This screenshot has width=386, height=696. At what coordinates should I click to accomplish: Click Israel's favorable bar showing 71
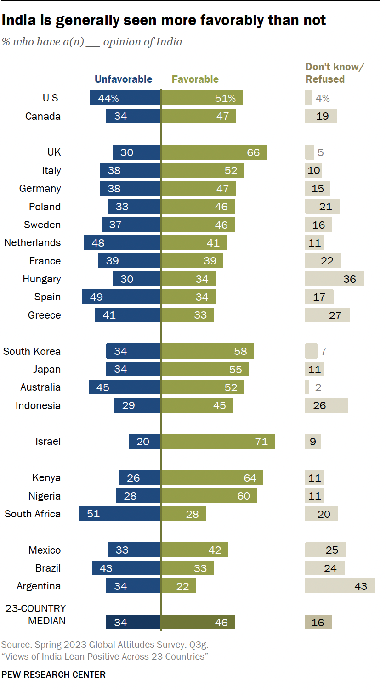tap(218, 442)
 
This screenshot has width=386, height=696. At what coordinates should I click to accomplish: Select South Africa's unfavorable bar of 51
tap(120, 514)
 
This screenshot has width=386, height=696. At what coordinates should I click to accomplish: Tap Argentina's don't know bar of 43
tap(340, 586)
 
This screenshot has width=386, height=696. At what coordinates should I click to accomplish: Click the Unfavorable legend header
tap(123, 79)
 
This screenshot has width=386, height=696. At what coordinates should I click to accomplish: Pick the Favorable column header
tap(195, 79)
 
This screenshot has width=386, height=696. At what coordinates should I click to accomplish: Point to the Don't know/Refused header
tap(335, 73)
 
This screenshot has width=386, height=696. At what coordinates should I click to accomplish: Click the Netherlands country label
tap(32, 242)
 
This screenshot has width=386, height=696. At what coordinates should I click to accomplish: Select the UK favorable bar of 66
tap(214, 152)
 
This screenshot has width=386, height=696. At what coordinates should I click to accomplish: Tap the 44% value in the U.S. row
tap(108, 98)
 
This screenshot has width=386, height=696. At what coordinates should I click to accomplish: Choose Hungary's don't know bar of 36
tap(334, 279)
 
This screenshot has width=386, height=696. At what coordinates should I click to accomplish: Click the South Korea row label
tap(32, 351)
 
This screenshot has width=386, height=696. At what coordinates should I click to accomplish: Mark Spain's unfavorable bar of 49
tap(121, 297)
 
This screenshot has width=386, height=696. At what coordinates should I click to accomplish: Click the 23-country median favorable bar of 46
tap(198, 623)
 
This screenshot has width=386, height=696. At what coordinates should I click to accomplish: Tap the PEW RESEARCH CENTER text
tap(54, 674)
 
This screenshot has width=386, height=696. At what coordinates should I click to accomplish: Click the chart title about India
tap(164, 21)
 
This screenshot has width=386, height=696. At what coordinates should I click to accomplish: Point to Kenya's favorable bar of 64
tap(212, 478)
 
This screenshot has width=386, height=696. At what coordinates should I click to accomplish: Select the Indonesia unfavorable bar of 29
tap(137, 405)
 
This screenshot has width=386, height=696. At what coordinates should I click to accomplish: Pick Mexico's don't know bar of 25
tap(325, 550)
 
